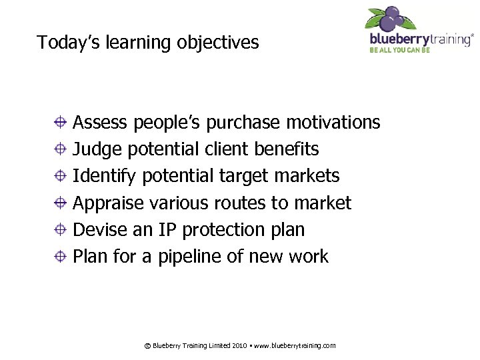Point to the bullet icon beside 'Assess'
tap(60, 123)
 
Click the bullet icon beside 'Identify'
tap(60, 176)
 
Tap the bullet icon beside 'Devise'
tap(60, 229)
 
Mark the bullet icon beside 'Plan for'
tap(60, 256)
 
